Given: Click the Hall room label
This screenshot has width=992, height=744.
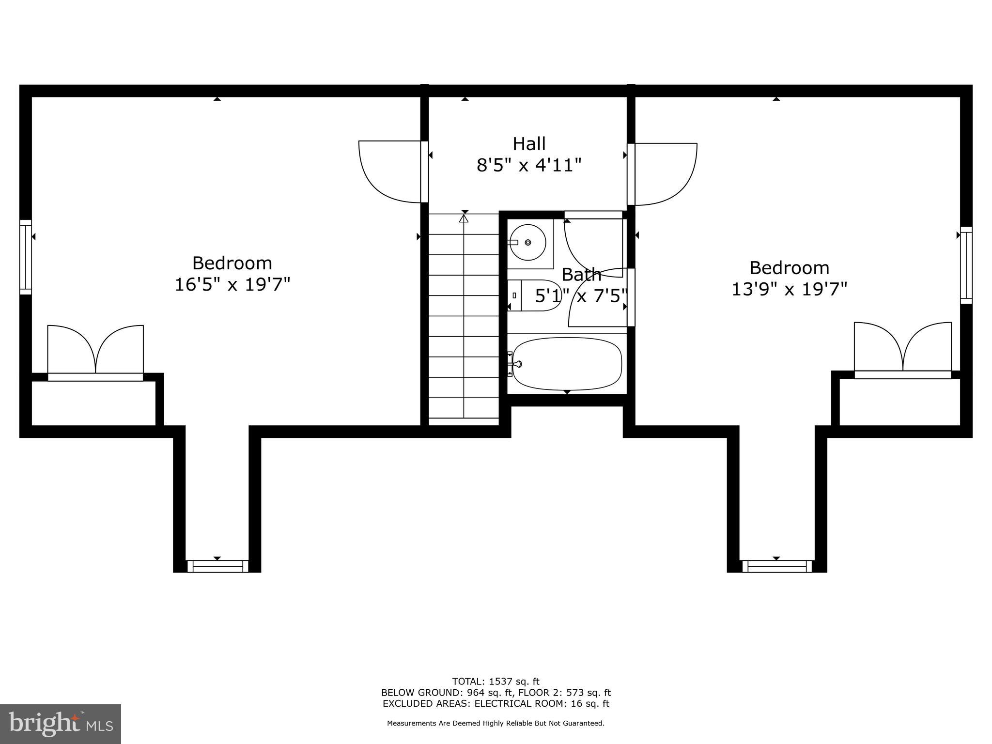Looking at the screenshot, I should (x=529, y=143).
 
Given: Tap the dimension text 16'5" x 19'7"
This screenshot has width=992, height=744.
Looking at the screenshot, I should (x=232, y=284).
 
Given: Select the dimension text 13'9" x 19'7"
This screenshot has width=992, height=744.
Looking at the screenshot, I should (x=789, y=289).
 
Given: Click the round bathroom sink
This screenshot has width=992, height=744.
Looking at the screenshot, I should (x=527, y=242).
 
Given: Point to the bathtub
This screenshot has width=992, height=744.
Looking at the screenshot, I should (x=567, y=364).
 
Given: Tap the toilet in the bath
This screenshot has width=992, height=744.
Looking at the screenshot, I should (x=533, y=295).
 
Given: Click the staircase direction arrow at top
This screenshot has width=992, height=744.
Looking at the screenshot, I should (x=464, y=219).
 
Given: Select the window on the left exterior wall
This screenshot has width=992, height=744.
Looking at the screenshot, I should (x=26, y=257).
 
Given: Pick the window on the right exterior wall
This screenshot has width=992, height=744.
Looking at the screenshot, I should (x=966, y=265).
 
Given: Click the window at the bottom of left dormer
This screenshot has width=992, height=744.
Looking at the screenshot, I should (x=217, y=566).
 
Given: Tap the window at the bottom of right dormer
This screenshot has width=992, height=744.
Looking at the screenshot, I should (x=776, y=566).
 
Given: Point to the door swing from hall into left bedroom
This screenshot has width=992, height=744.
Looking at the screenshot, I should (x=390, y=171).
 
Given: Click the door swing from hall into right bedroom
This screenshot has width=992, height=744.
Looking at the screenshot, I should (x=665, y=173).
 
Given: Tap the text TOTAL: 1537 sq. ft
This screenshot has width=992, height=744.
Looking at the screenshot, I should (x=496, y=682).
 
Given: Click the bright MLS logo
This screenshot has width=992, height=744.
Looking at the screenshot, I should (x=61, y=724).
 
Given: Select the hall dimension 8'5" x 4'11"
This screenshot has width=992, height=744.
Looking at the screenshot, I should (x=529, y=166).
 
